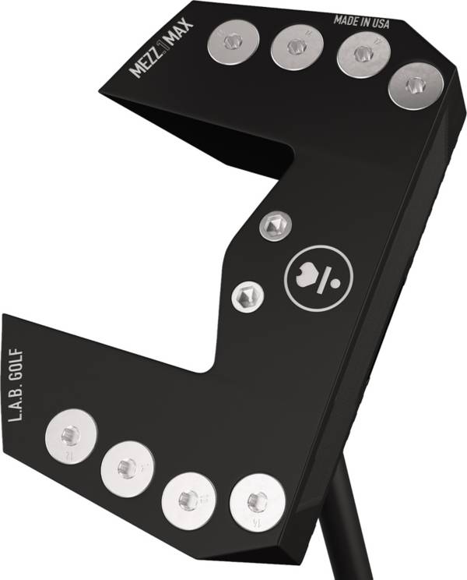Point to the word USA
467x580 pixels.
(x=379, y=23)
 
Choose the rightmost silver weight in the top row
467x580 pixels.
(x=416, y=87)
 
